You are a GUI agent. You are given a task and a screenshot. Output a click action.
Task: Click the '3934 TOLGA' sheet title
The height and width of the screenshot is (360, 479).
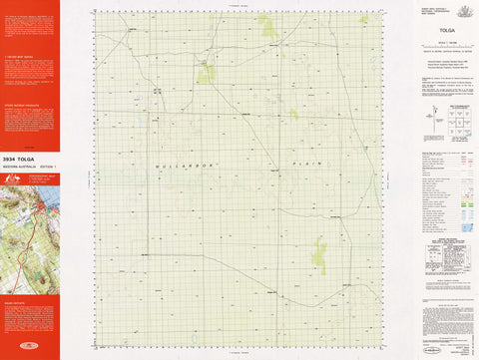point(22,158)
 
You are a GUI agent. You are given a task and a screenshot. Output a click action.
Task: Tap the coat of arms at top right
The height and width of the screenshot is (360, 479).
point(463,10)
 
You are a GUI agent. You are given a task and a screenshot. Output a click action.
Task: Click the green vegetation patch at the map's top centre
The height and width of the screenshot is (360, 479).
point(269,27)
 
